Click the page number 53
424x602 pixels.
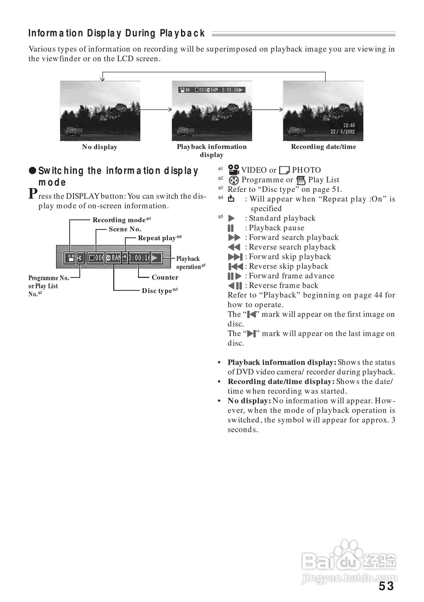(x=386, y=586)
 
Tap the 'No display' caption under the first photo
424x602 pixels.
(x=100, y=147)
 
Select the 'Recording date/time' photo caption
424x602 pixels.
(x=323, y=147)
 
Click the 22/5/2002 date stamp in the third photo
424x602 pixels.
(x=342, y=132)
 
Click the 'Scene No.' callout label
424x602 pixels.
(x=125, y=229)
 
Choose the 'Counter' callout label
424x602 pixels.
(x=165, y=277)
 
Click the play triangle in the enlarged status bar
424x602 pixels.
(x=156, y=258)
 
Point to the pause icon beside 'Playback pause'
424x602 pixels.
(x=231, y=228)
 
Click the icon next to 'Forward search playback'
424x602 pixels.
(x=234, y=238)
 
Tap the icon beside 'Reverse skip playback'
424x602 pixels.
(x=235, y=266)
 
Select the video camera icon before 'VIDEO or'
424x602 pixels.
(x=233, y=170)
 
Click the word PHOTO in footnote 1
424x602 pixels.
(x=306, y=170)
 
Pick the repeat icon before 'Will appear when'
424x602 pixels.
(x=231, y=199)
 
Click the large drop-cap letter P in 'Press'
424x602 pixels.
(x=33, y=193)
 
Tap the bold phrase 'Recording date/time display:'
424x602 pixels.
(x=281, y=382)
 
